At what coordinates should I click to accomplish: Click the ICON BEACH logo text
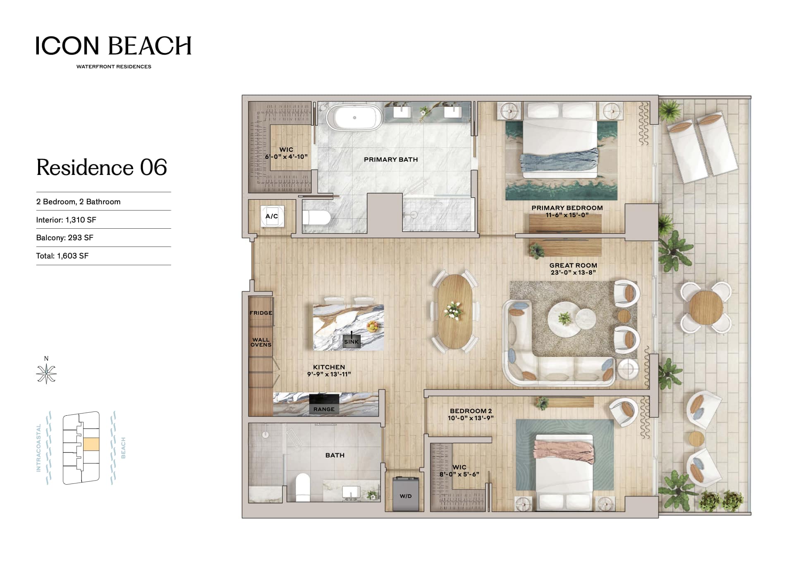click(114, 45)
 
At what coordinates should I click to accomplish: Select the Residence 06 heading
click(102, 167)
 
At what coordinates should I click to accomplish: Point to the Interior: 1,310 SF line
click(66, 220)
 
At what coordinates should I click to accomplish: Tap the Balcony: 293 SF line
click(65, 238)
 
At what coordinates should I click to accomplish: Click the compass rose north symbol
click(46, 373)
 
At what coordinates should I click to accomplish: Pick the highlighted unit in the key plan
click(91, 444)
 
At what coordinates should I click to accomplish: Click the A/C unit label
click(272, 216)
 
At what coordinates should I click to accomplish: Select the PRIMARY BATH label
click(391, 159)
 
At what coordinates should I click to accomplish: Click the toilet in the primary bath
click(316, 217)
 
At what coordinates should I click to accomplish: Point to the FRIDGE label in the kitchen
click(261, 313)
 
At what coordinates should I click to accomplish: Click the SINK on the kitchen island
click(352, 342)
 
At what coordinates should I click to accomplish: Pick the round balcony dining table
click(706, 308)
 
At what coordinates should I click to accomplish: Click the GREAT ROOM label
click(573, 266)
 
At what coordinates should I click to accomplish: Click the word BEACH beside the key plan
click(123, 448)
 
